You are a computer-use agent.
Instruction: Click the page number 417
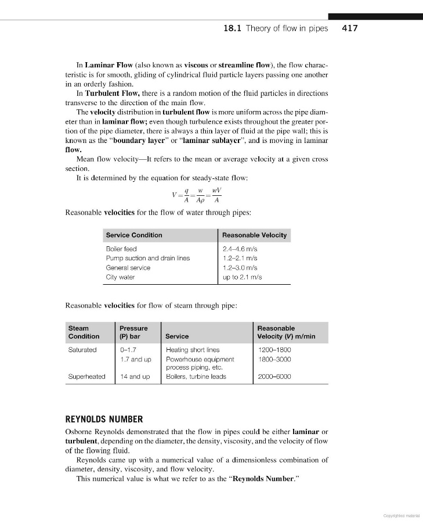coord(350,28)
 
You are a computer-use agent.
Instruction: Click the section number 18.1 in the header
coord(233,28)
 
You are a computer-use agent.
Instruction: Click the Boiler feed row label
coord(121,249)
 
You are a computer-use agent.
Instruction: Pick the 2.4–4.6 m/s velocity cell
coord(240,249)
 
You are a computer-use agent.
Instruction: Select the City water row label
coord(120,277)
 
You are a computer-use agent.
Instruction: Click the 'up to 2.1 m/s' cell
coord(243,277)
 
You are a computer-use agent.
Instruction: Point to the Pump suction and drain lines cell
coord(147,258)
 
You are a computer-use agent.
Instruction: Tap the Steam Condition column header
coord(84,332)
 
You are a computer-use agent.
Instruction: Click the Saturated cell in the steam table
coord(82,350)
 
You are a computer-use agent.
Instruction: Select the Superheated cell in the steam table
coord(86,377)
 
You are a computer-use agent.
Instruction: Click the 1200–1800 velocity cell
coord(274,350)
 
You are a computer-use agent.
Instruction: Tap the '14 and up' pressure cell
coord(135,377)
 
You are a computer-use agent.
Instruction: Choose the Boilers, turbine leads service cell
coord(196,377)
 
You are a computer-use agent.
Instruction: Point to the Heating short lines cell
coord(193,350)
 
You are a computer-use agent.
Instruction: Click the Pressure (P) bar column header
coord(133,332)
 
